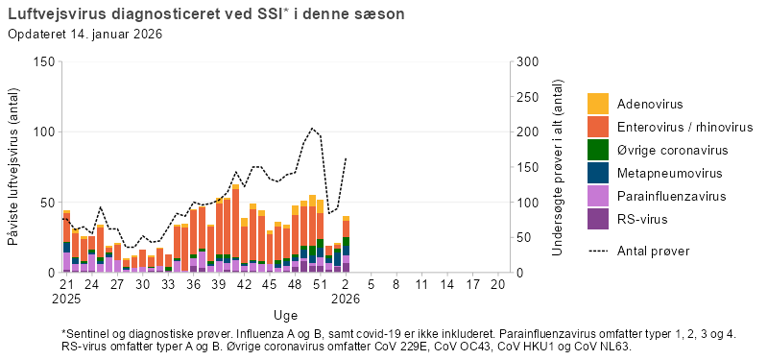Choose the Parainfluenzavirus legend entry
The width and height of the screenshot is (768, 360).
tap(670, 196)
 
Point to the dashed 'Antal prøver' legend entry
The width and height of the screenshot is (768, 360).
tap(653, 251)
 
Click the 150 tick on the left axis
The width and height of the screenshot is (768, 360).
tap(42, 61)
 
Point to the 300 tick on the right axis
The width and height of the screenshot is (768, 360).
tap(526, 61)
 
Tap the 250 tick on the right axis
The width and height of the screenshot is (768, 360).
tap(526, 97)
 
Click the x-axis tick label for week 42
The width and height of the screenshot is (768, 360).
tap(244, 285)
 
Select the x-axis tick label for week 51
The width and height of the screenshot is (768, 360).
tap(320, 285)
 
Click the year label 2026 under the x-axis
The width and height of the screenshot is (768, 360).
tap(345, 299)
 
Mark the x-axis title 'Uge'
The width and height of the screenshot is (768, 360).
tap(284, 315)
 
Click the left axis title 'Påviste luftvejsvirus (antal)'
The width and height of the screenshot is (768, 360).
tap(14, 167)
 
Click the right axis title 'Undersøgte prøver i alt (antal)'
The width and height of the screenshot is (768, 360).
tap(558, 167)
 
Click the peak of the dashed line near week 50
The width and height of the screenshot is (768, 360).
tap(312, 129)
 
